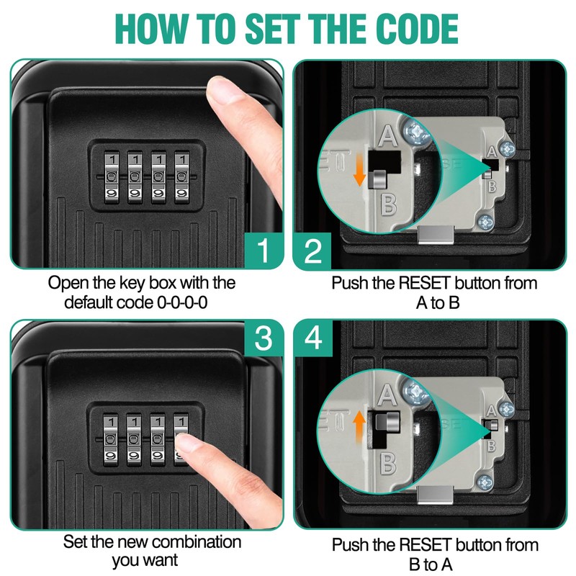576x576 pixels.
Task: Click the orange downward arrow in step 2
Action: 358,170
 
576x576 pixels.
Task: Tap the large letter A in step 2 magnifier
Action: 387,134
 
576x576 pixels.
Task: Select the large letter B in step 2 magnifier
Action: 388,204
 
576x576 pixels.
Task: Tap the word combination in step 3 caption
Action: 193,541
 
